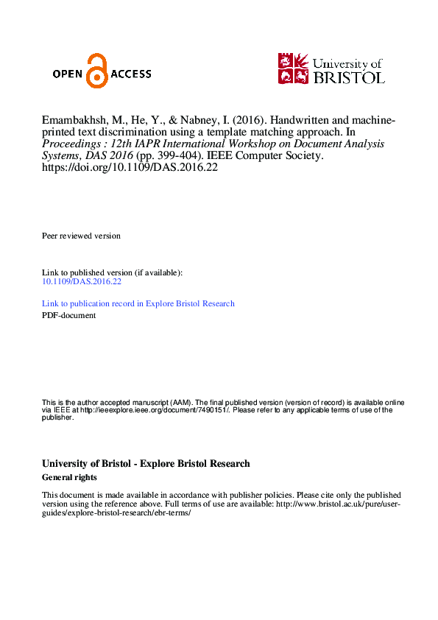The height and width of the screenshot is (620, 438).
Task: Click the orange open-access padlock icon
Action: [x=96, y=71]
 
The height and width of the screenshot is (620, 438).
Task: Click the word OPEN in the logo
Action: [x=69, y=74]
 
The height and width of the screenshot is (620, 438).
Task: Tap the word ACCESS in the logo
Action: [x=131, y=74]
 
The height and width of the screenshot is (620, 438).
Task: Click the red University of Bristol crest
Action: [x=293, y=68]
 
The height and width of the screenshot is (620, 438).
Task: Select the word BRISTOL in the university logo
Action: [x=349, y=77]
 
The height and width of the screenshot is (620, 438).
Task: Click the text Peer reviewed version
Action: [x=81, y=236]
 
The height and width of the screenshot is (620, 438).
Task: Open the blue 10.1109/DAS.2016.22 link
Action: [x=82, y=281]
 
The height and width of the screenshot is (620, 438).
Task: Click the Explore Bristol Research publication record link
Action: [x=138, y=303]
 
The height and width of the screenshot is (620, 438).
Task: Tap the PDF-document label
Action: [x=69, y=315]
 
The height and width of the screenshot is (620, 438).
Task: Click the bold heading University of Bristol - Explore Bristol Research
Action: [x=146, y=464]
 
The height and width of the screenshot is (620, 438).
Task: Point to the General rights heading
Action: [x=70, y=477]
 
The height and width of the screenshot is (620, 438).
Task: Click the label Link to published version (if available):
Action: [x=112, y=272]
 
